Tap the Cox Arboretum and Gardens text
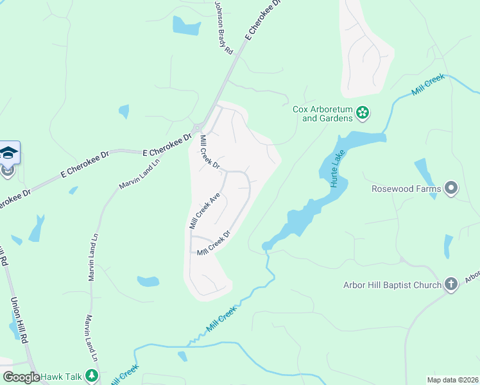coord(323,114)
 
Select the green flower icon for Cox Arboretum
coord(363,114)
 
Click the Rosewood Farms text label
coord(406,189)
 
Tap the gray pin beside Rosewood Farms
coord(451,189)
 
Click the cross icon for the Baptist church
coord(451,284)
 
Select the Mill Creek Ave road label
coord(205,210)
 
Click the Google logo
coord(21,377)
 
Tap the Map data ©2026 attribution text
coord(452,380)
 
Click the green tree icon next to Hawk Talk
coord(92,376)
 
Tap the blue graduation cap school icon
coord(8,153)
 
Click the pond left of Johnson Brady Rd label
coord(186,26)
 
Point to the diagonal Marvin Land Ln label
coord(139,173)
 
